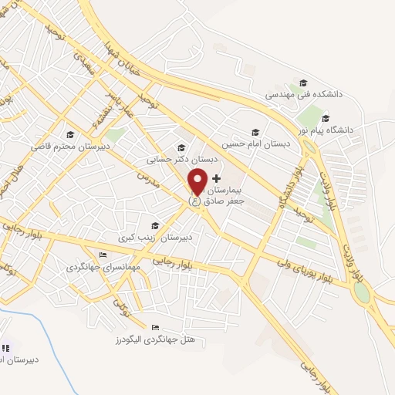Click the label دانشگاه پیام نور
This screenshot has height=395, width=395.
pyautogui.click(x=326, y=130)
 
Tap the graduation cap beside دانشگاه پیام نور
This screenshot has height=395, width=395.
pyautogui.click(x=326, y=118)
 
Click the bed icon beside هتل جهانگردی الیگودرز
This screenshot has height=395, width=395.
pyautogui.click(x=156, y=326)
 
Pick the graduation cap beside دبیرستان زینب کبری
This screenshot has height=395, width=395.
pyautogui.click(x=155, y=225)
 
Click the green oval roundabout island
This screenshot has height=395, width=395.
pyautogui.click(x=360, y=294)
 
